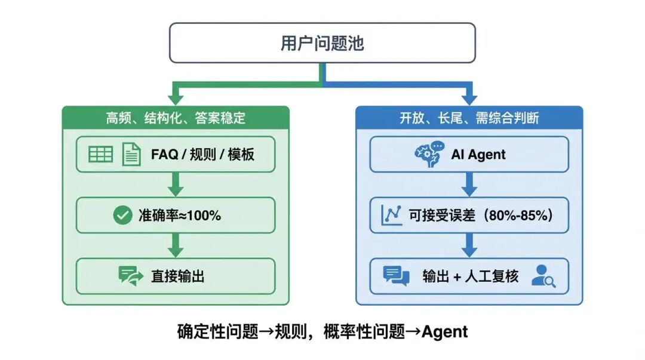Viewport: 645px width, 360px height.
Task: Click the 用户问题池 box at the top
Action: click(x=322, y=43)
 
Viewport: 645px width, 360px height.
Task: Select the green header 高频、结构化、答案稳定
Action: click(x=176, y=118)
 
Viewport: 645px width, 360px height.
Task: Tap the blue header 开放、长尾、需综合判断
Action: click(x=469, y=118)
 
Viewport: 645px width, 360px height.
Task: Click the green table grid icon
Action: click(x=100, y=155)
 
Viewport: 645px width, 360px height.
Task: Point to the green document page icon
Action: click(x=131, y=155)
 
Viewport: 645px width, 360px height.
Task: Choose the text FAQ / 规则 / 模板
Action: click(x=202, y=155)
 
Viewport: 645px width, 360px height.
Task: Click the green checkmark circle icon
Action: click(x=122, y=216)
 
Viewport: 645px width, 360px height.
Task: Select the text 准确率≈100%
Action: click(x=180, y=216)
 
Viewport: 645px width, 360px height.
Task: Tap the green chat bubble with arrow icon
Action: click(x=131, y=276)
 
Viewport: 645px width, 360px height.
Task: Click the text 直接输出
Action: click(x=178, y=276)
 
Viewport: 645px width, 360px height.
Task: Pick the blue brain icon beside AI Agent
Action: click(x=429, y=154)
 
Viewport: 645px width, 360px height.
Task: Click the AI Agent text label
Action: click(x=478, y=155)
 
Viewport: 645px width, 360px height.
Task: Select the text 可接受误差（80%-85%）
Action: click(x=480, y=216)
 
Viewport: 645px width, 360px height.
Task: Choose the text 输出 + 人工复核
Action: click(x=471, y=276)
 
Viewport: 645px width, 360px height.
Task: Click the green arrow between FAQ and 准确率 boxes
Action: click(x=175, y=184)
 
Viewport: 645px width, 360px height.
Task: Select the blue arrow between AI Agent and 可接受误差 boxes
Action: click(x=469, y=184)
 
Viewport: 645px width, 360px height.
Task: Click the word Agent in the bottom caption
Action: click(x=444, y=332)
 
